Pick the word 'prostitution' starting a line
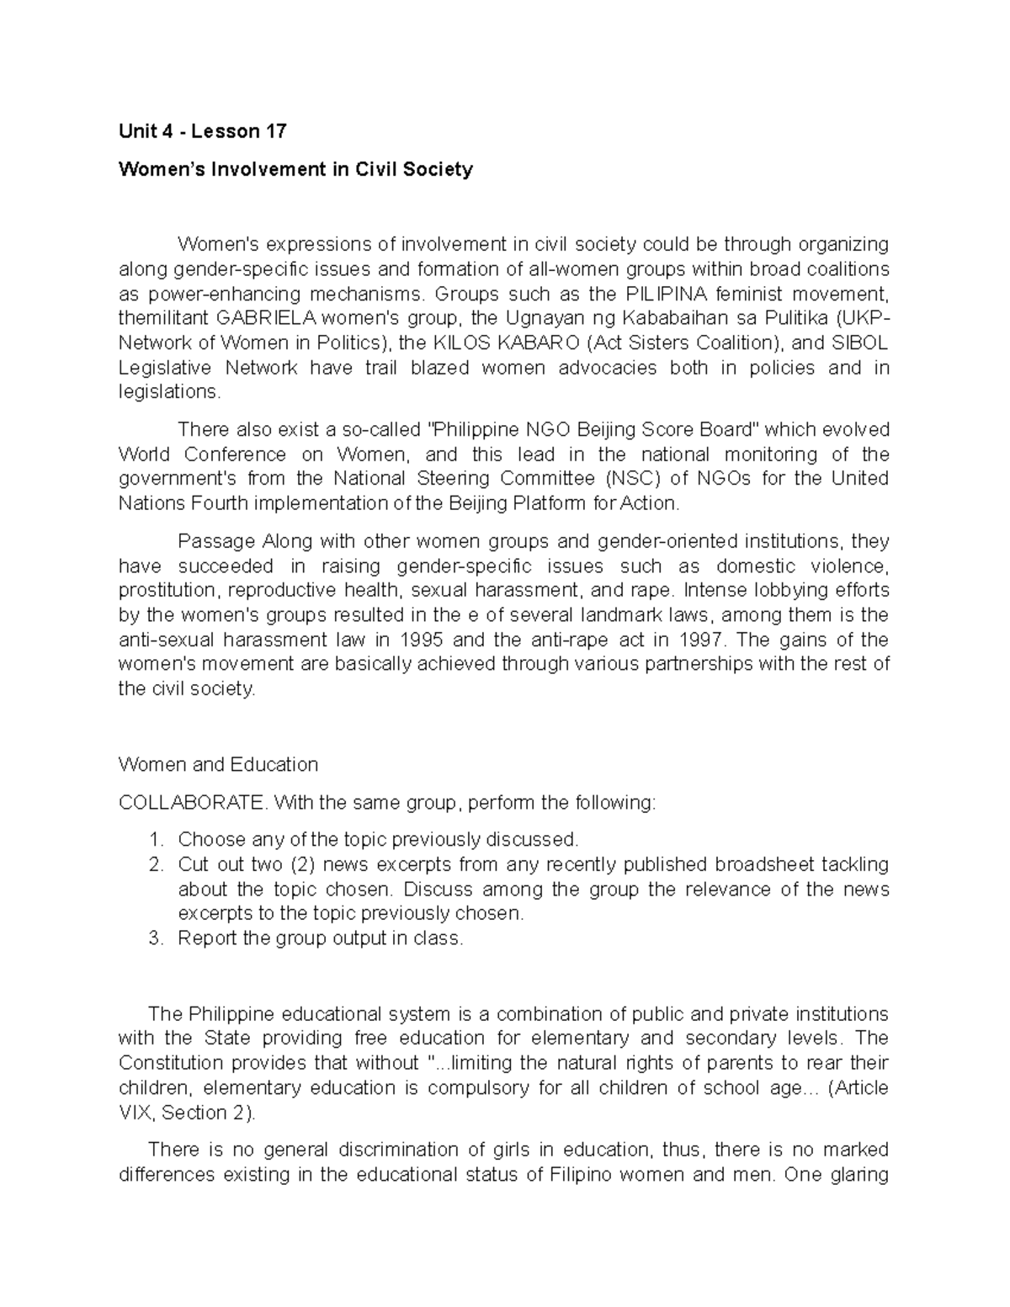pyautogui.click(x=169, y=590)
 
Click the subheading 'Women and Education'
pyautogui.click(x=218, y=764)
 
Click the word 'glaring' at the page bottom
pyautogui.click(x=859, y=1174)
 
